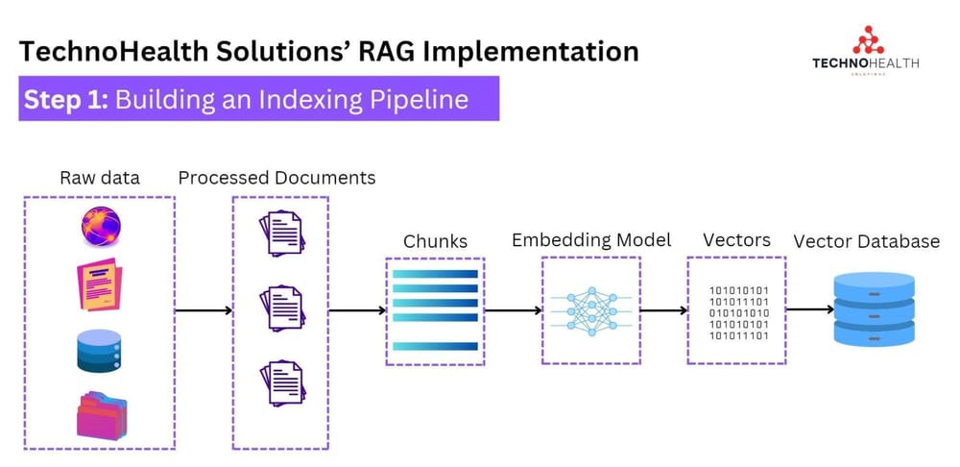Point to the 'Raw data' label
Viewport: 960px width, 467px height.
99,178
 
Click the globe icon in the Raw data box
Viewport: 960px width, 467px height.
101,228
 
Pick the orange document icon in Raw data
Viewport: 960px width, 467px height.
101,284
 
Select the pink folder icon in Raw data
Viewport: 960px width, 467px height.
101,416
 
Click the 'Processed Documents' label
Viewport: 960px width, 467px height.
276,178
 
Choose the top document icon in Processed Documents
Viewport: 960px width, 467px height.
280,233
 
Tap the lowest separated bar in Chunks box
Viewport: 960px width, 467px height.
435,346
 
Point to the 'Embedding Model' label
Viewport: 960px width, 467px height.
590,239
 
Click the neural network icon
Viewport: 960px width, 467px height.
590,310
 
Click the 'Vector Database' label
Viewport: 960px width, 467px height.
866,241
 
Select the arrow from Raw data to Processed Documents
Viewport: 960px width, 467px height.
204,310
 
